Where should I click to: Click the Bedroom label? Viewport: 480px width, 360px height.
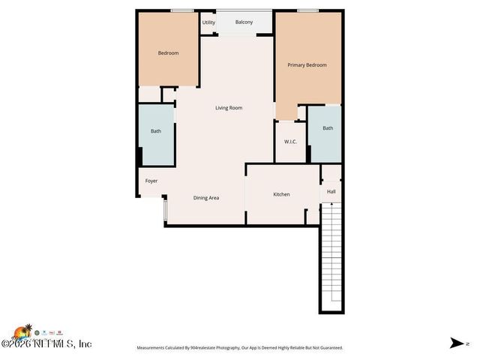click(x=168, y=53)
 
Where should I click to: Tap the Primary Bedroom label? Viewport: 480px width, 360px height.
click(x=307, y=65)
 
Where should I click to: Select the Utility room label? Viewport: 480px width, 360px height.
click(x=208, y=22)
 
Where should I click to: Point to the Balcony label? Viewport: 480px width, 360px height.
click(x=244, y=22)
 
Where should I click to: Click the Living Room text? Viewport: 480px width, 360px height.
click(x=229, y=108)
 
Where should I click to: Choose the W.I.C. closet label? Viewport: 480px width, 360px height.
click(x=290, y=142)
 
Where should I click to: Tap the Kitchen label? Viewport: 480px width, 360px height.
click(x=281, y=195)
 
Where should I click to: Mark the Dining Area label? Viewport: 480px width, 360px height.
click(x=206, y=198)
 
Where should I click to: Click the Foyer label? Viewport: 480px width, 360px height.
click(x=151, y=181)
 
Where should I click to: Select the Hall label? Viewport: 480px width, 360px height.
click(x=331, y=192)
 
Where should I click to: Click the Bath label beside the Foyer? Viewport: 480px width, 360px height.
click(x=156, y=132)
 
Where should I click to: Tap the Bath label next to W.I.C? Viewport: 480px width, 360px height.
click(x=328, y=128)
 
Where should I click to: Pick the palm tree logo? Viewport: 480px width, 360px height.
click(x=28, y=331)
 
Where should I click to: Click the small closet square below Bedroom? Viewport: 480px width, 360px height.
click(x=168, y=95)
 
